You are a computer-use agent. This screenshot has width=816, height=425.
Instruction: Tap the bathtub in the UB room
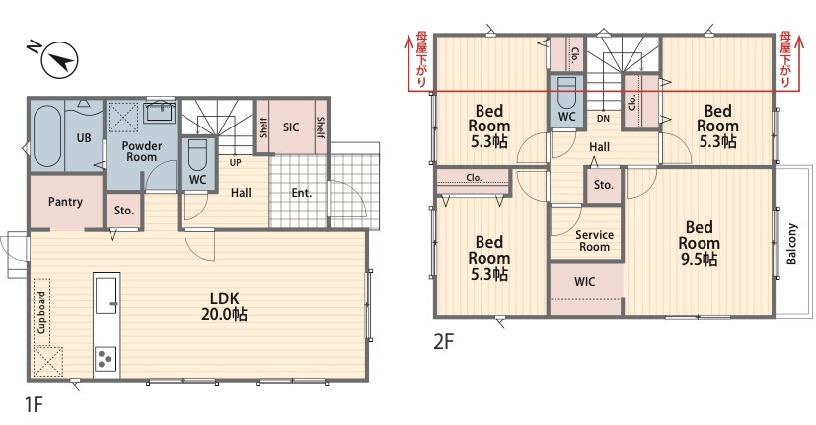[x=46, y=136]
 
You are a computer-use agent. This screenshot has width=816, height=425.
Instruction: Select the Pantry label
[x=65, y=202]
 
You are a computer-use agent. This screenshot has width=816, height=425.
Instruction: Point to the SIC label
[x=291, y=127]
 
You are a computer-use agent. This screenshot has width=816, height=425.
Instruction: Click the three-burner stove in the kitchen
[x=106, y=359]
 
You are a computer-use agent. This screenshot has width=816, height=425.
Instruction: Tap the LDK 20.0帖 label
[x=224, y=306]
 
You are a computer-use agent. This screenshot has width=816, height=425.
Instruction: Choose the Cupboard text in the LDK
[x=41, y=312]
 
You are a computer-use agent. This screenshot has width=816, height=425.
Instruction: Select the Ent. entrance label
[x=302, y=193]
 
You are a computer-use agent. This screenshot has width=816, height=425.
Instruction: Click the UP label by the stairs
[x=235, y=163]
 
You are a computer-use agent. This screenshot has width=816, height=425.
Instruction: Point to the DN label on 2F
[x=603, y=119]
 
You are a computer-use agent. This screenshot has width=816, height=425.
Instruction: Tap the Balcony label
[x=792, y=244]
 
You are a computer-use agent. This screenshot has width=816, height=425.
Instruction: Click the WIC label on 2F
[x=584, y=282]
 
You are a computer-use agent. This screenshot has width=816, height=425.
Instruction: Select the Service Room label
[x=594, y=241]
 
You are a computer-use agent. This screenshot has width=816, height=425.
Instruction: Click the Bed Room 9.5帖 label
[x=699, y=243]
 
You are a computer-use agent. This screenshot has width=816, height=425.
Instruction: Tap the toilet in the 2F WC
[x=566, y=92]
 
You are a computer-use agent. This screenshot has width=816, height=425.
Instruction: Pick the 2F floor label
[x=444, y=342]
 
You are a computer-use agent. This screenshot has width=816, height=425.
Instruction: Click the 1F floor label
[x=34, y=404]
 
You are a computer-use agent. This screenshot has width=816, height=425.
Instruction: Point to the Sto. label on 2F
[x=604, y=185]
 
